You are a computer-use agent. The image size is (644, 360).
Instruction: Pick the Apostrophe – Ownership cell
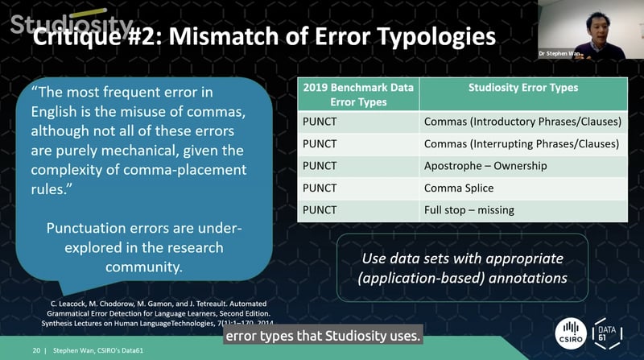(x=485, y=166)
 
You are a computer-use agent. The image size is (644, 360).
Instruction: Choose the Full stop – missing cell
(x=469, y=210)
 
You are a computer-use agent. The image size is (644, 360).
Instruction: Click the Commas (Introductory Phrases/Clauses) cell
(x=522, y=122)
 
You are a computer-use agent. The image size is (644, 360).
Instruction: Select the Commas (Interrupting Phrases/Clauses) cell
(x=521, y=144)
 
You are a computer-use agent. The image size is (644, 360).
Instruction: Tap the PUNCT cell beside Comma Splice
(x=319, y=188)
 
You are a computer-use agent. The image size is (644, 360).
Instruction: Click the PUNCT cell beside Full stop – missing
(x=319, y=210)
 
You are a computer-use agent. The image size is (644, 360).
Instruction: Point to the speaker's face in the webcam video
(x=585, y=25)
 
